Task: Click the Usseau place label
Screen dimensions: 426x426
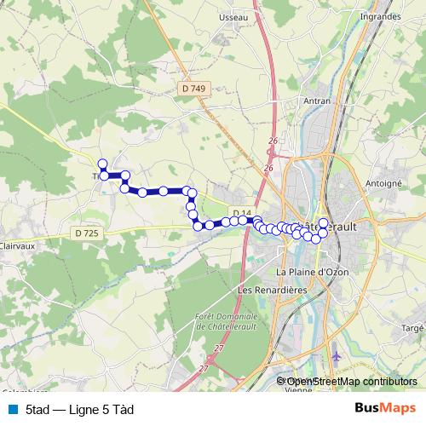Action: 233,17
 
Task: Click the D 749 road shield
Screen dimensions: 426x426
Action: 193,88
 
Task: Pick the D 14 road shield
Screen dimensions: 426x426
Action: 241,213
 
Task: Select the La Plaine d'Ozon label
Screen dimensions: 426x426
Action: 313,271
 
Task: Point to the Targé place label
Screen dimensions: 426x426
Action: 412,327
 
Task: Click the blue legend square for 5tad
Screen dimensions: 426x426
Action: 10,409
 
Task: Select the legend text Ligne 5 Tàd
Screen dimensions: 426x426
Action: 80,409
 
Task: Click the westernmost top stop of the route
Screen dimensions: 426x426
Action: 102,164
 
